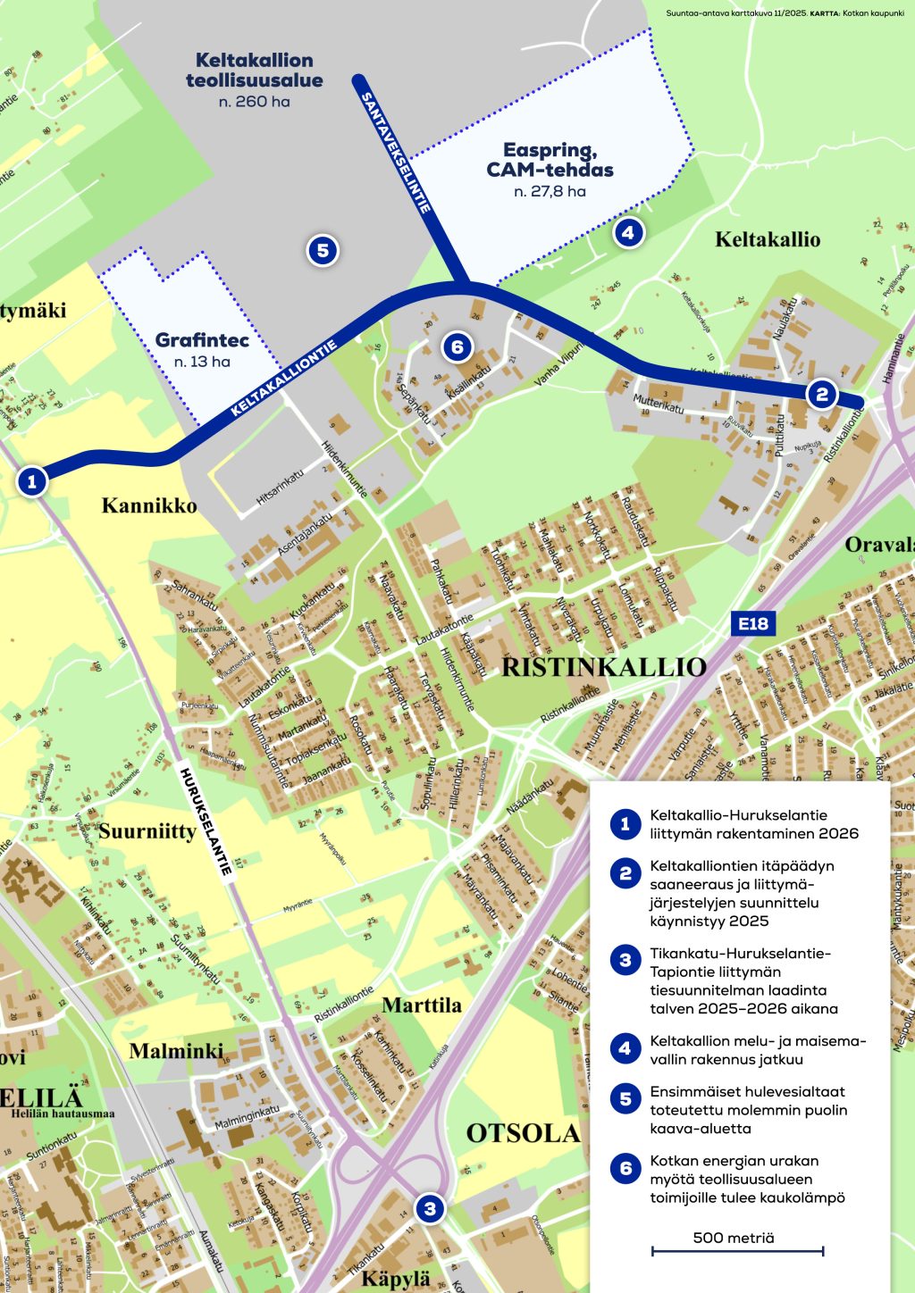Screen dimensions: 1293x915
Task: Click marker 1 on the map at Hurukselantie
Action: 32,482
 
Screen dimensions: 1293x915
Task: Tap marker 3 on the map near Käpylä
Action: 430,1209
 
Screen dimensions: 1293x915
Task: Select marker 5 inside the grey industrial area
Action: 323,251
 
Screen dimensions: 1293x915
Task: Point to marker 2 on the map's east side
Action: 821,394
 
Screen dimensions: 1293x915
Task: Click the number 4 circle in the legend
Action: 625,1049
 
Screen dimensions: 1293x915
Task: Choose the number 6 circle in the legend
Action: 625,1169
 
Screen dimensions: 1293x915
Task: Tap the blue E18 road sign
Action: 752,623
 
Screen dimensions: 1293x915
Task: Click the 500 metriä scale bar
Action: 737,1250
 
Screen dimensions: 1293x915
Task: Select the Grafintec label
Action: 202,340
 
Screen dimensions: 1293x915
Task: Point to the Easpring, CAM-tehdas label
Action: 550,160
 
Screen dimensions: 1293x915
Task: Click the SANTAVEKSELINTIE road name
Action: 396,153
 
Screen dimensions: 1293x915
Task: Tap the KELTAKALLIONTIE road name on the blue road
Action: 284,378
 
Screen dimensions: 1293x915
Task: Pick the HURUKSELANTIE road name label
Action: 206,821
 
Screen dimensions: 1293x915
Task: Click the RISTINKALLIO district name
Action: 604,667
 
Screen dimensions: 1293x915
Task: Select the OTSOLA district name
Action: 523,1133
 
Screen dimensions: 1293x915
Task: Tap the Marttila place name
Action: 422,1005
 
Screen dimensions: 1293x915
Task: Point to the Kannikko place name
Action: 149,505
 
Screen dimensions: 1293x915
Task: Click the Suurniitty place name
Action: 147,831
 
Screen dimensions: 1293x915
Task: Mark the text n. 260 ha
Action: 255,102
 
